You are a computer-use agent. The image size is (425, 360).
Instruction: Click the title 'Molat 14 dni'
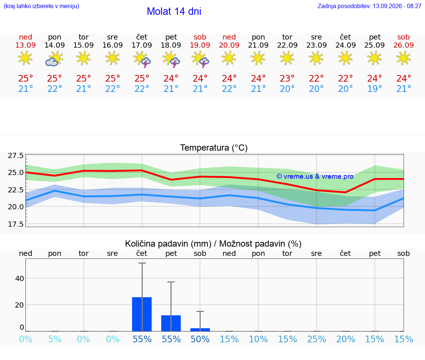coord(174,11)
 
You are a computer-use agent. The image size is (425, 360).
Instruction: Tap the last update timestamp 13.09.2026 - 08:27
coord(397,6)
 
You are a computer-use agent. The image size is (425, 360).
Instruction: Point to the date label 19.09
coord(200,45)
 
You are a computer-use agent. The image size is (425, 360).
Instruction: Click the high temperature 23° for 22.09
coord(287,78)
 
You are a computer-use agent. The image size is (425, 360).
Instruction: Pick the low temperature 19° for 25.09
coord(374,89)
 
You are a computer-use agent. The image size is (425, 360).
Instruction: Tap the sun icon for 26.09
coord(404,58)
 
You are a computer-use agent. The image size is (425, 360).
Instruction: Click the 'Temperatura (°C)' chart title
coord(214,148)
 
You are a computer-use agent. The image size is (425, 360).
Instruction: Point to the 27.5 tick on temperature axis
coord(16,155)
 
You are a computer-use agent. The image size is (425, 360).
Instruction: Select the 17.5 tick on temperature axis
coord(16,224)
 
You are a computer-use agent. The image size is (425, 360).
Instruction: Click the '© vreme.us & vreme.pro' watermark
coord(315,176)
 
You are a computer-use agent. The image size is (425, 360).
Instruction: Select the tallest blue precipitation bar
coord(142,314)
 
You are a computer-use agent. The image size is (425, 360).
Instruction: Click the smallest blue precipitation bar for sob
coord(200,330)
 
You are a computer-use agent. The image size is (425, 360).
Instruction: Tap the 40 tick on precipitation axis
coord(20,278)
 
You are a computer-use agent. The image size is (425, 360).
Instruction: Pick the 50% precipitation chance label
coord(200,339)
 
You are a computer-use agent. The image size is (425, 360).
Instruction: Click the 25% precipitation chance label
coord(316,339)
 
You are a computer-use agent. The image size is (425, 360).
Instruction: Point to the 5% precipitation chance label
coord(55,339)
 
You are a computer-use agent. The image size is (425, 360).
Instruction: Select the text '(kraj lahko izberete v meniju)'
coord(41,6)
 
